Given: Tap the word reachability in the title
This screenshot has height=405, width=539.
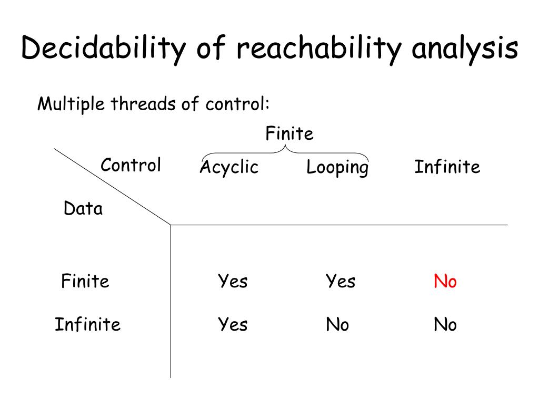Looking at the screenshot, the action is (321, 49).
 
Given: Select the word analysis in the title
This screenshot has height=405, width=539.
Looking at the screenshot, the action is (465, 49).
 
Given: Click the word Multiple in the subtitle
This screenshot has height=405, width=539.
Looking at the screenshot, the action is (71, 104).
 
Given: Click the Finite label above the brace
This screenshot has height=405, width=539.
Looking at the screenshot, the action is (289, 133).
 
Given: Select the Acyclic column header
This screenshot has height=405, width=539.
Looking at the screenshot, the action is (229, 167).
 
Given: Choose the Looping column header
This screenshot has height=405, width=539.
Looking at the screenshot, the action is (337, 168).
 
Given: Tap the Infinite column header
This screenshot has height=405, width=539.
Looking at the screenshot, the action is (447, 167).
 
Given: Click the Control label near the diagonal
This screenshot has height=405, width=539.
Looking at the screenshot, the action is (131, 165).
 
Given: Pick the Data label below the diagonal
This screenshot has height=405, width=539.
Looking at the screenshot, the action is (83, 209).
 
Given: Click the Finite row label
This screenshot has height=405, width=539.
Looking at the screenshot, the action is (85, 281).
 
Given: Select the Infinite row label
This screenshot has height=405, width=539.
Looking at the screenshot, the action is (87, 323).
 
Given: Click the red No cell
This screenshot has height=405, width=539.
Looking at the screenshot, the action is (445, 281).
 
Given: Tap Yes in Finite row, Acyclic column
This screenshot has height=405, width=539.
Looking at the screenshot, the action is (233, 281).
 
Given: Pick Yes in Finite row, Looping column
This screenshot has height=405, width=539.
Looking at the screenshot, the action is (340, 281).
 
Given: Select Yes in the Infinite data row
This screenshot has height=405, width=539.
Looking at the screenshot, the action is (233, 324).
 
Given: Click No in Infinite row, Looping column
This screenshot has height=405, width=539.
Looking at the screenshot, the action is (337, 324).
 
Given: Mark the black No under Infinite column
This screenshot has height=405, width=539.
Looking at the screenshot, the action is (445, 324).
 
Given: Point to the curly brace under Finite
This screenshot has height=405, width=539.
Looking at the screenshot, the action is (285, 150).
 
